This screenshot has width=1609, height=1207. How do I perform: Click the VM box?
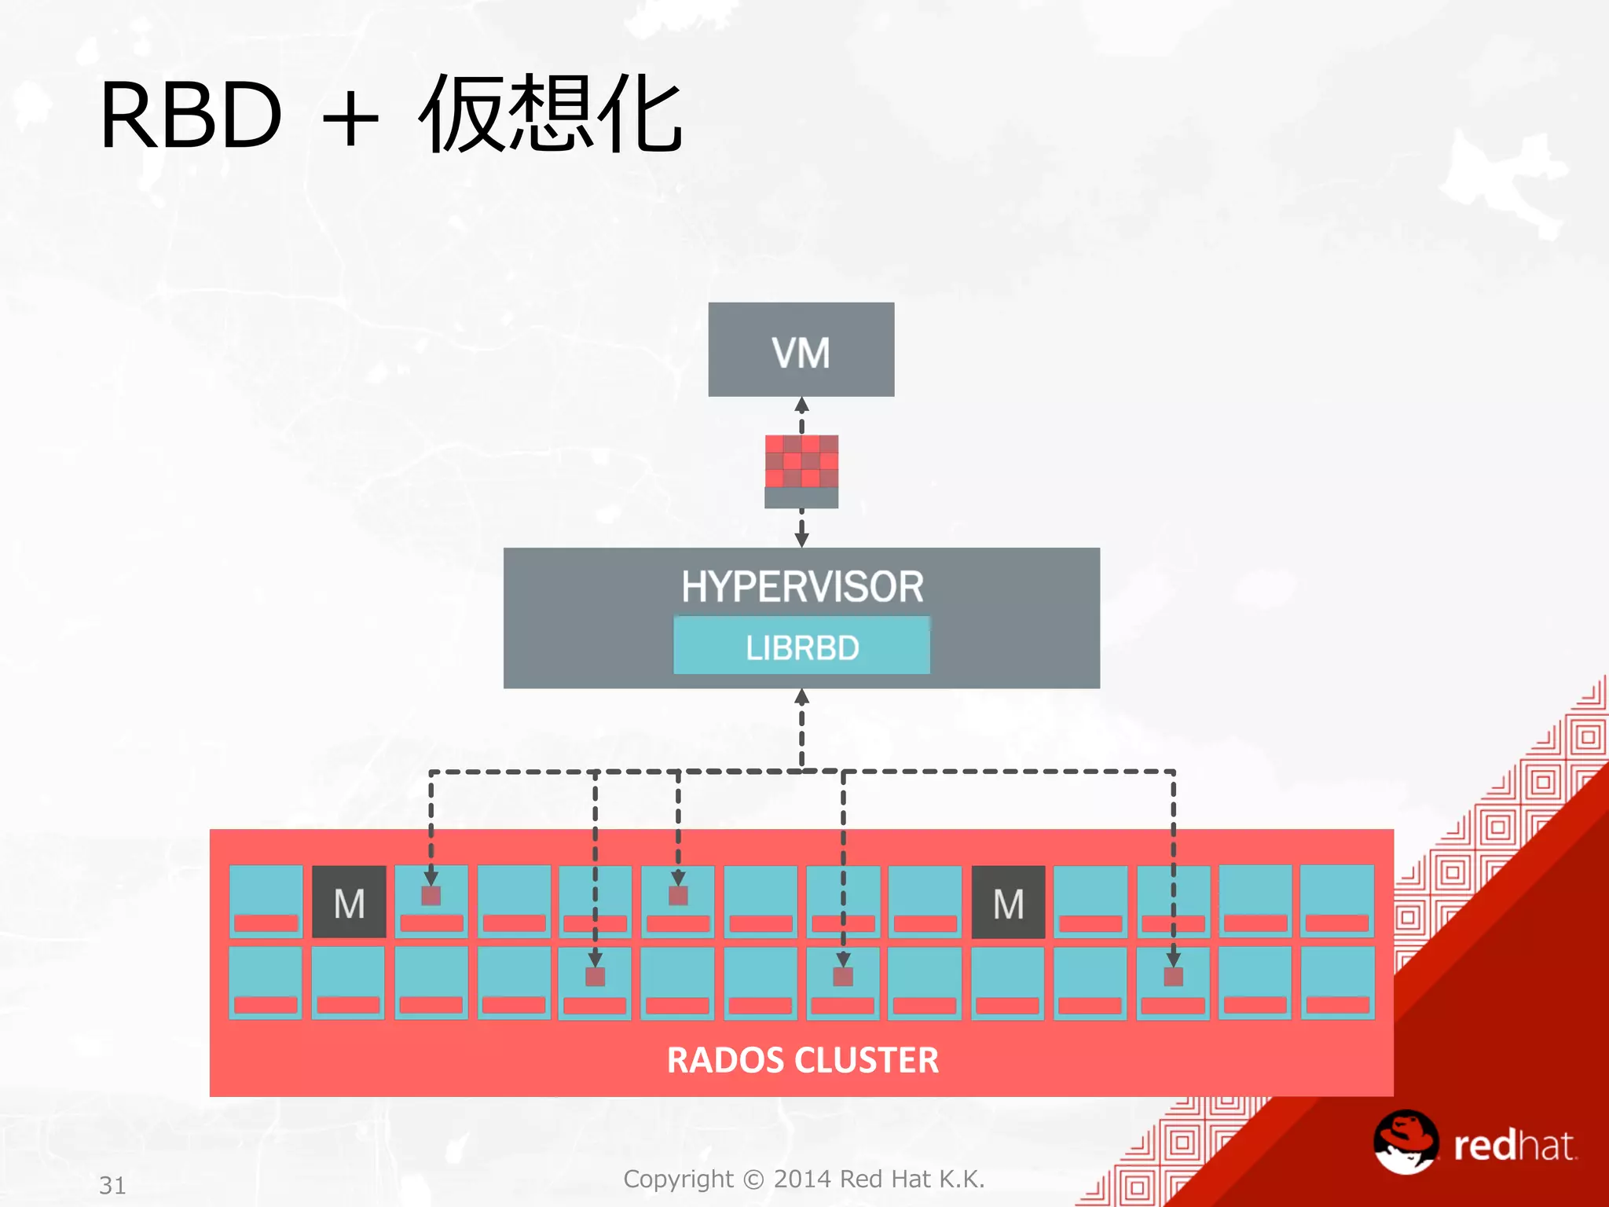pyautogui.click(x=801, y=350)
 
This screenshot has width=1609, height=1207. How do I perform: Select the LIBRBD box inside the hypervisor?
pyautogui.click(x=801, y=647)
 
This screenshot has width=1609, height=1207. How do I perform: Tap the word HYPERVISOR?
pyautogui.click(x=801, y=586)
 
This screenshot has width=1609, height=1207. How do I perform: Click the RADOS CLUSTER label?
pyautogui.click(x=802, y=1060)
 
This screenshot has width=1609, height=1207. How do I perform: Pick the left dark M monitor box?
pyautogui.click(x=349, y=902)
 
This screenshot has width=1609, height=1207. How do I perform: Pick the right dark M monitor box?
pyautogui.click(x=1008, y=902)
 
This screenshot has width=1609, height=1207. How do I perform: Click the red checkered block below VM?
pyautogui.click(x=801, y=462)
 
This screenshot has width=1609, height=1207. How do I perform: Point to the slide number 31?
pyautogui.click(x=112, y=1185)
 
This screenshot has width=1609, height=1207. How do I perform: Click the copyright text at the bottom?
pyautogui.click(x=803, y=1179)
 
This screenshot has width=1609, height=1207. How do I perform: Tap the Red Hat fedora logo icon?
pyautogui.click(x=1406, y=1142)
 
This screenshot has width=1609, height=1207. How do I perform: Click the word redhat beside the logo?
pyautogui.click(x=1513, y=1146)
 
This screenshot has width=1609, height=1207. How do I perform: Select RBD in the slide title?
pyautogui.click(x=191, y=116)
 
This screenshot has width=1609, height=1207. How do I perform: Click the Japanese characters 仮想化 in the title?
pyautogui.click(x=550, y=115)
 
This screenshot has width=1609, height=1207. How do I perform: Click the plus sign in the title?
pyautogui.click(x=350, y=119)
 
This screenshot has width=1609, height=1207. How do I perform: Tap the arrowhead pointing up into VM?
pyautogui.click(x=801, y=405)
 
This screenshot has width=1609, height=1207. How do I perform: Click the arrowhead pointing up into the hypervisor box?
pyautogui.click(x=801, y=697)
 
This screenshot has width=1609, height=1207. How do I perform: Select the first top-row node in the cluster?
pyautogui.click(x=266, y=901)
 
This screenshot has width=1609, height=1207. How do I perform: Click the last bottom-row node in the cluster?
pyautogui.click(x=1337, y=982)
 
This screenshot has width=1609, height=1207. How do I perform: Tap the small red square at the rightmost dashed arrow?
pyautogui.click(x=1173, y=977)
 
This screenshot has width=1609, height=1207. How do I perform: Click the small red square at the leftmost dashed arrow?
pyautogui.click(x=431, y=896)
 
